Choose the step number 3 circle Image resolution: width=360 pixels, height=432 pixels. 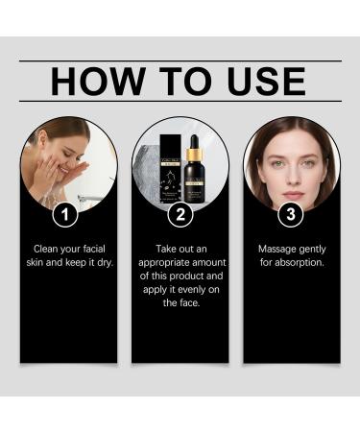(292, 215)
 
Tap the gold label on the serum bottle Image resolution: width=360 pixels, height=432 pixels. (192, 183)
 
